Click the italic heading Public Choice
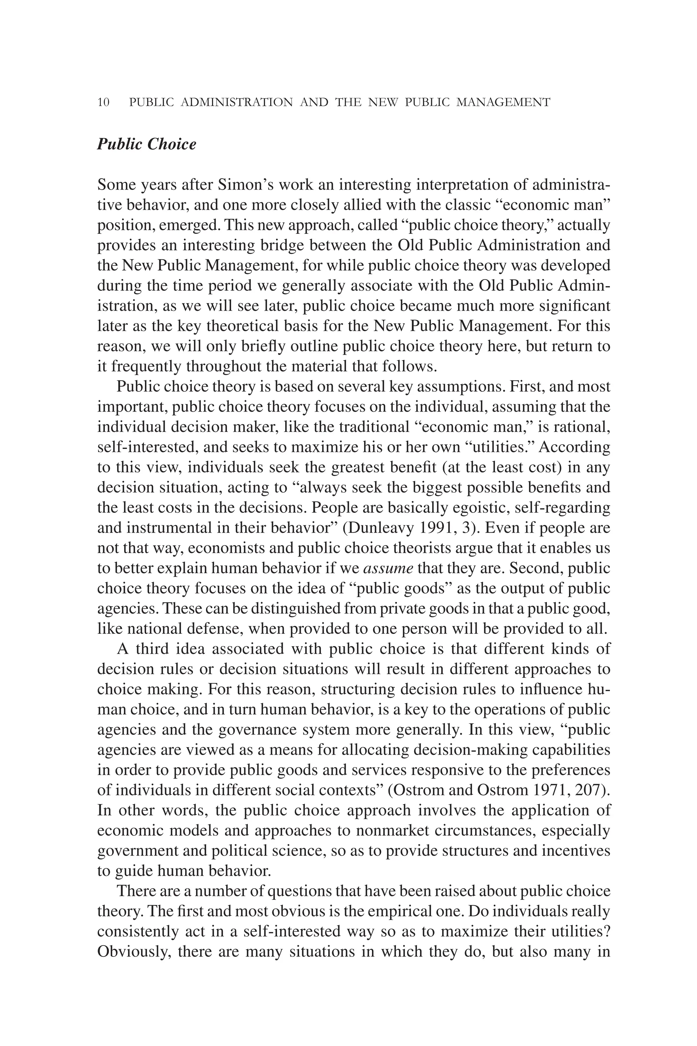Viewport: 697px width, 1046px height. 146,144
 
